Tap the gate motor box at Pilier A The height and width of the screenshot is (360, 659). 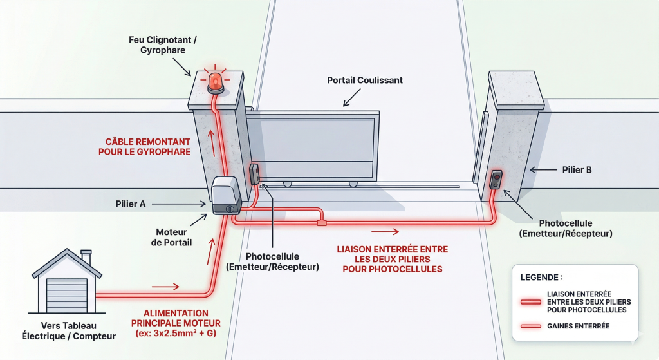(x=226, y=194)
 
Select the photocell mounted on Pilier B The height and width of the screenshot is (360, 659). (x=496, y=179)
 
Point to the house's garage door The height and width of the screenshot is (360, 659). (x=66, y=295)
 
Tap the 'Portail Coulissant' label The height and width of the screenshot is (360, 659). (x=364, y=81)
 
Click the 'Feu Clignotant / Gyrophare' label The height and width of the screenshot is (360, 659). (x=163, y=45)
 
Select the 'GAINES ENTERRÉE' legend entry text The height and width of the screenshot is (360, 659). (x=579, y=327)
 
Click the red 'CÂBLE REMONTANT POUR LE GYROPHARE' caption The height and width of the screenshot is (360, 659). (x=147, y=147)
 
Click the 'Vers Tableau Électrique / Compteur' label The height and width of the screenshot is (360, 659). (x=69, y=331)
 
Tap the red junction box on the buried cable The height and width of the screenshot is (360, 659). (x=321, y=223)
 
